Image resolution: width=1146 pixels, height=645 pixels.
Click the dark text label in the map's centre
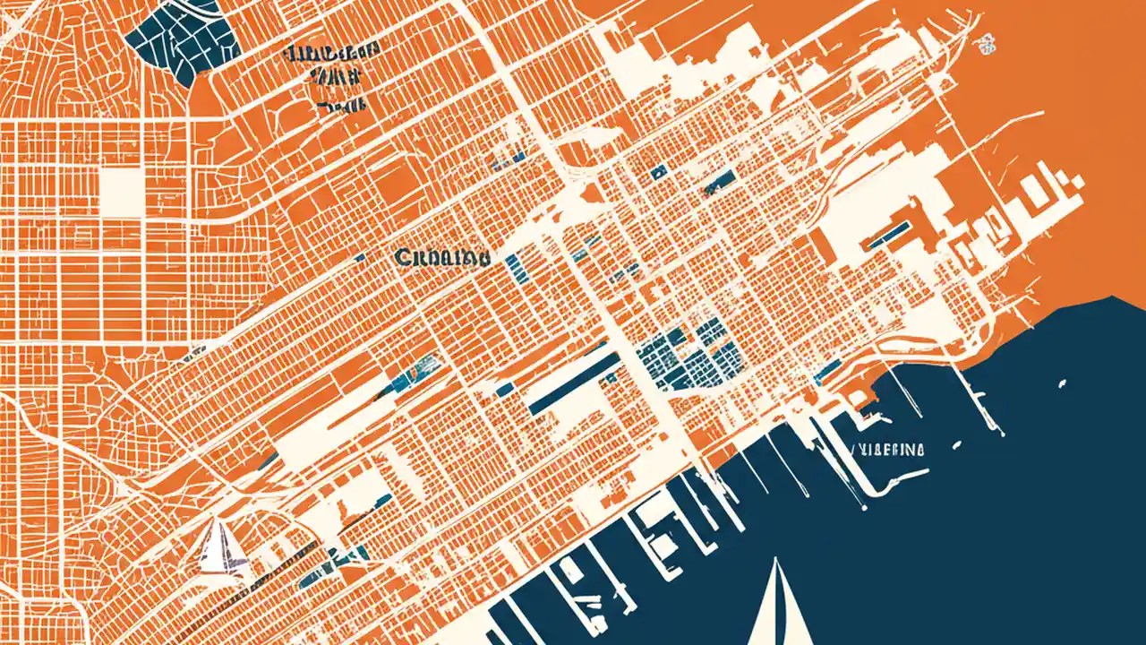(441, 258)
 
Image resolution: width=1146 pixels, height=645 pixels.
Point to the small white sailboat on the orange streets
(218, 547)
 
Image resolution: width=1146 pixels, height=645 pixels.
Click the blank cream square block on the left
(121, 190)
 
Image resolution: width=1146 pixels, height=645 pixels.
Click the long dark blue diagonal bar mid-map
(574, 383)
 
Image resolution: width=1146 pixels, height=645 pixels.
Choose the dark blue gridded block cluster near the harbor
(689, 357)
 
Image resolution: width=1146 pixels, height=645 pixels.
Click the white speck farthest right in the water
(1062, 384)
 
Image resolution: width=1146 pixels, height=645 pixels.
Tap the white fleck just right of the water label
(956, 444)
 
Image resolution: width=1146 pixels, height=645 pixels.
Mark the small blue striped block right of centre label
(514, 263)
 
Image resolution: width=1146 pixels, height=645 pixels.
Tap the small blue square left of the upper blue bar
(660, 170)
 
